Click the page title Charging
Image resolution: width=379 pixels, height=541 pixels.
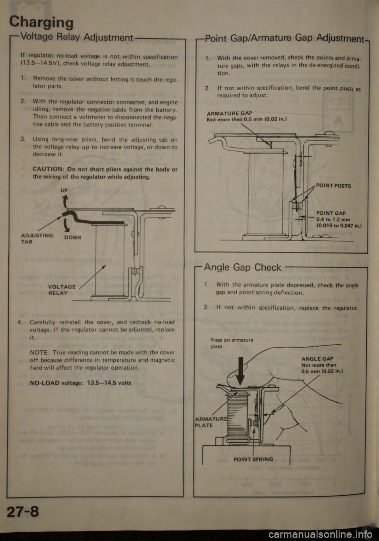click(41, 22)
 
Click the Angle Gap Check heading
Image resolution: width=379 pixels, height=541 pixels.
click(242, 267)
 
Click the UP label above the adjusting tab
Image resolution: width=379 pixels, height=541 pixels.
click(64, 190)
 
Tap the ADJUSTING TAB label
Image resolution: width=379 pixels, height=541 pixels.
click(37, 238)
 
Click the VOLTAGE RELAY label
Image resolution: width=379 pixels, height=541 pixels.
click(61, 290)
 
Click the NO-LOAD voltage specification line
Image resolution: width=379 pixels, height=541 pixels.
click(81, 383)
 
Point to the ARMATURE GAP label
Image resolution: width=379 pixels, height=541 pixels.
click(229, 113)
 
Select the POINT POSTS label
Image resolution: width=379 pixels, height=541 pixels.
click(333, 186)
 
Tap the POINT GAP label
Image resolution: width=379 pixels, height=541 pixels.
click(331, 213)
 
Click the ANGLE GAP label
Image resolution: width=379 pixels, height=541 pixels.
click(317, 359)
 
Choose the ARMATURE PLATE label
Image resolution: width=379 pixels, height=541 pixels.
click(204, 422)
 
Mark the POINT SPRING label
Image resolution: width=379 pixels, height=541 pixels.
click(253, 459)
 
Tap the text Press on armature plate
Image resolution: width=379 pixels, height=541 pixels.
click(231, 343)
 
